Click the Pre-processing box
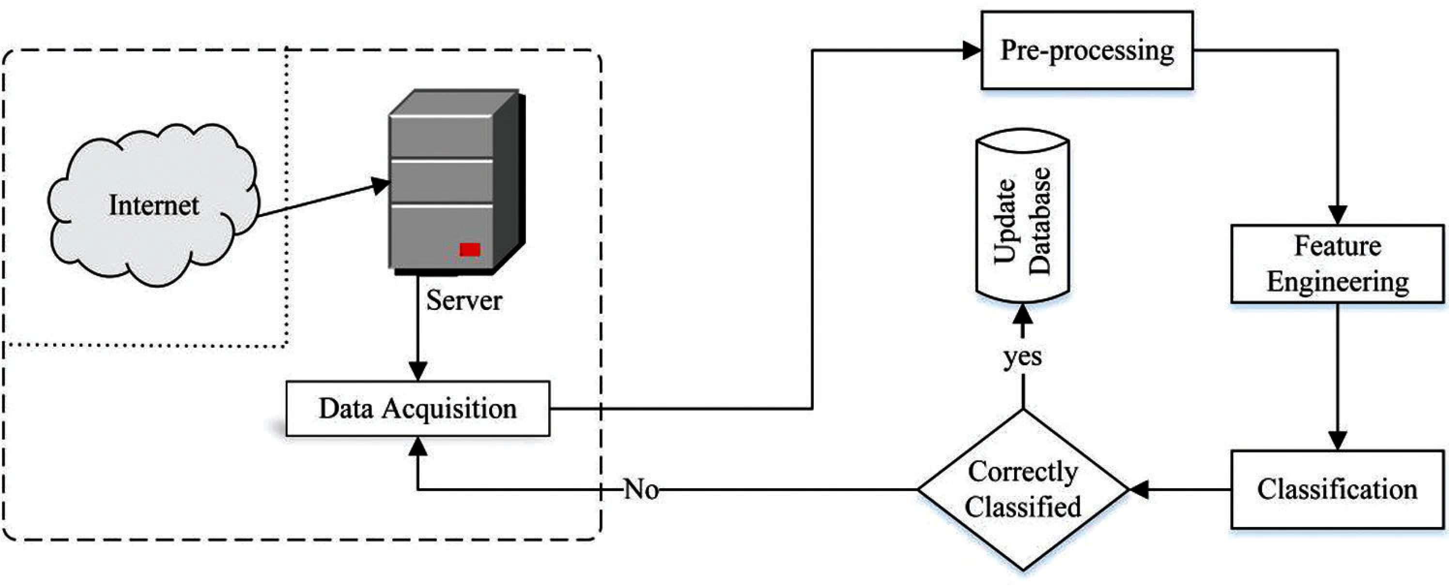[1087, 50]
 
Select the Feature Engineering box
[1337, 264]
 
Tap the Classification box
[1337, 489]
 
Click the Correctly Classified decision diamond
[1023, 489]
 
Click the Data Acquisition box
[417, 409]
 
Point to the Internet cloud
[154, 205]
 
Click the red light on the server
[469, 249]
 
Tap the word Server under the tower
[464, 300]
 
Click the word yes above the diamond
[1022, 357]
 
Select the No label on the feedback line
[641, 489]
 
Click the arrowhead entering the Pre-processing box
[972, 50]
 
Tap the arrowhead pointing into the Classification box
[1338, 441]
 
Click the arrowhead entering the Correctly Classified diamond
[1139, 489]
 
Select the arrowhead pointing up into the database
[1022, 313]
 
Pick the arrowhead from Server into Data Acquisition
[417, 371]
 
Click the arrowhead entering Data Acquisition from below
[417, 446]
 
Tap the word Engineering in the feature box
[1338, 282]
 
